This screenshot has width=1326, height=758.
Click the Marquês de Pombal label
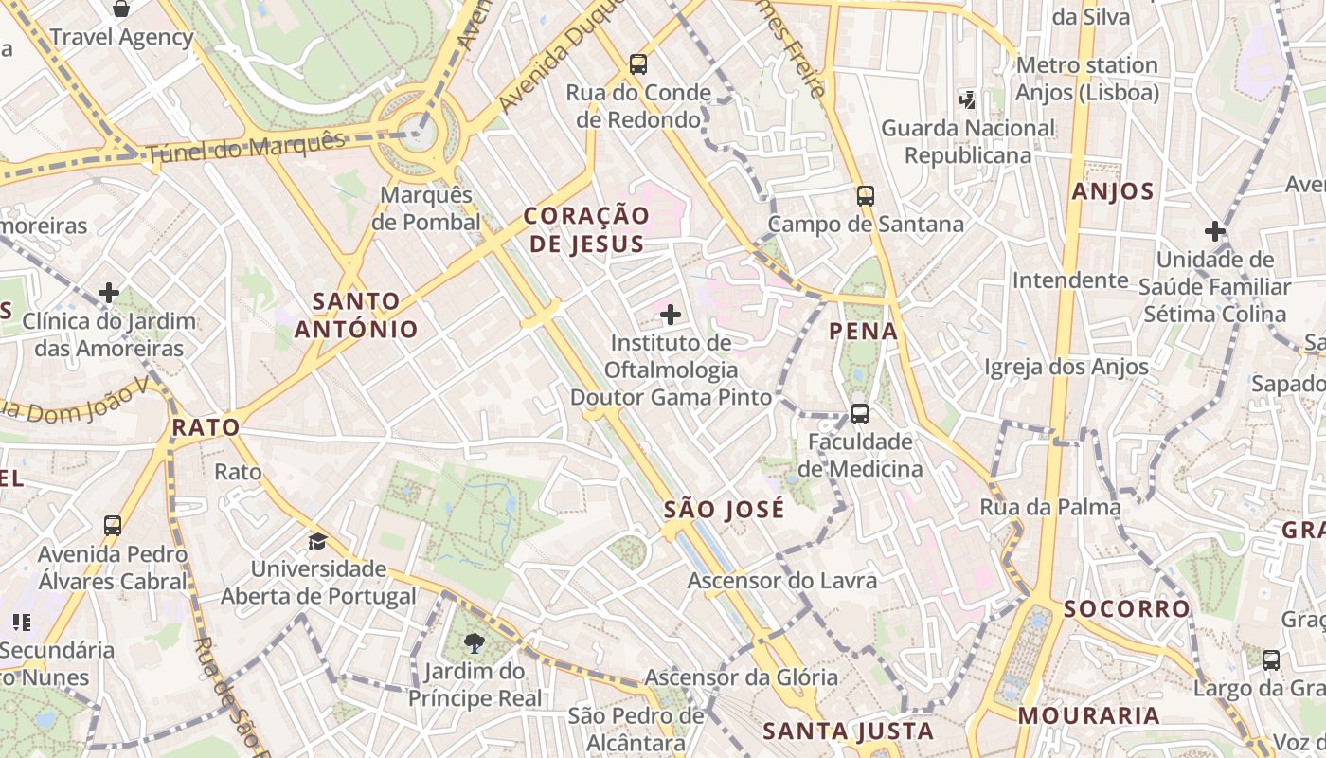425,208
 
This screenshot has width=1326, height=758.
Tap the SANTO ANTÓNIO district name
356,316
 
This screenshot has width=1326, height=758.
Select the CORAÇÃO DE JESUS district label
586,230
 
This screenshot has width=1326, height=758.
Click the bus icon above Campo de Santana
866,196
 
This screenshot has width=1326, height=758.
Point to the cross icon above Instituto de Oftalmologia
671,315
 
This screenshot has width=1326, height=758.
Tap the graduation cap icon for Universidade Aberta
318,541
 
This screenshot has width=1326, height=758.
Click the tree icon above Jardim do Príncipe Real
475,644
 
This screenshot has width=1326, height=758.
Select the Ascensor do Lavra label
782,580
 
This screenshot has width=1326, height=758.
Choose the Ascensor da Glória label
741,677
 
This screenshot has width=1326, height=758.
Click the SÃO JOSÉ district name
724,510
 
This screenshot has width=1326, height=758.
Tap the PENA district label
863,331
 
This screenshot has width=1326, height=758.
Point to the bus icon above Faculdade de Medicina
860,414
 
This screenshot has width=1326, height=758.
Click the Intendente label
1070,280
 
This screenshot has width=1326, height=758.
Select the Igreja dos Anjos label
1066,367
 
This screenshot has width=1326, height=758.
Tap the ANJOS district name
1113,191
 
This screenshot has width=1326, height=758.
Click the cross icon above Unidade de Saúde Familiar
1215,231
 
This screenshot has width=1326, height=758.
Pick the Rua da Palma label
1050,507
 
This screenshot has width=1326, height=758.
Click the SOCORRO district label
1126,608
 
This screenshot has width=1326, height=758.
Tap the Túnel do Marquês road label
246,147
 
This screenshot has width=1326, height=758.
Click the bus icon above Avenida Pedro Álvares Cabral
113,525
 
